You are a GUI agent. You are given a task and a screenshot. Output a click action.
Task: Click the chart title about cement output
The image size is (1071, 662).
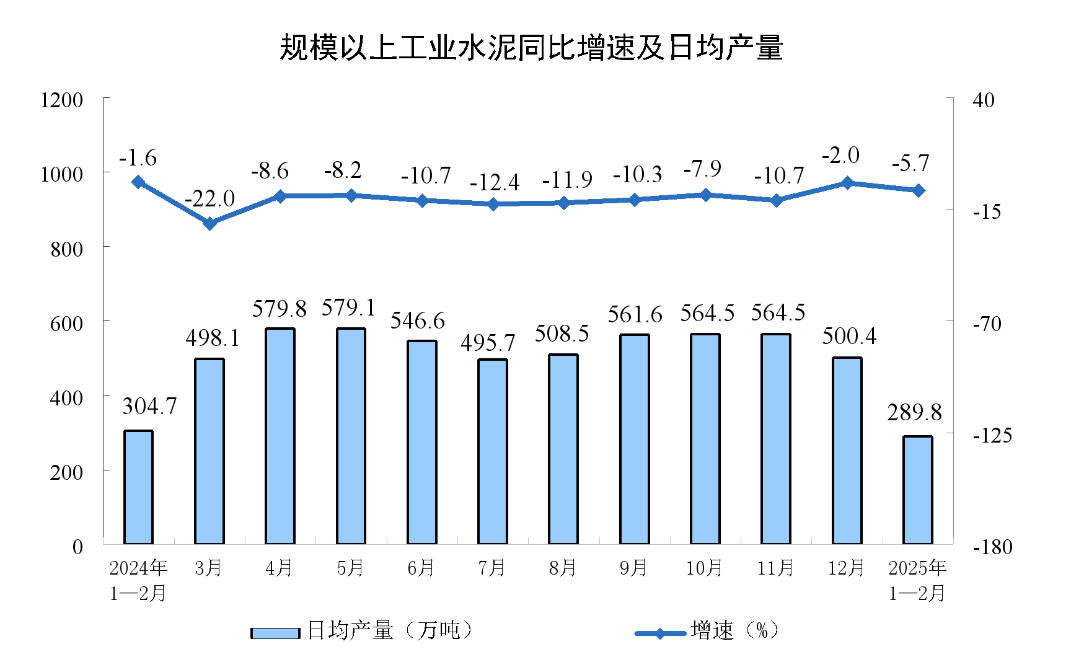pos(531,48)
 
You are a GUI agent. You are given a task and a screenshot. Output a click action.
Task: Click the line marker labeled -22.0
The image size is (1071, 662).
pos(210,223)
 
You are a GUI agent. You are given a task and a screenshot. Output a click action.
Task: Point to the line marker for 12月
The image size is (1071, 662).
pos(847,183)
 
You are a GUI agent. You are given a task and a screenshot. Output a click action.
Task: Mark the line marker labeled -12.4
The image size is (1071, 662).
pos(493,204)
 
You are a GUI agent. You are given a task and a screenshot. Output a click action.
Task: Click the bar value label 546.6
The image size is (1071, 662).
pos(417,320)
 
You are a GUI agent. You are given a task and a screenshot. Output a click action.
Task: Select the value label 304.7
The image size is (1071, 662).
pos(149,406)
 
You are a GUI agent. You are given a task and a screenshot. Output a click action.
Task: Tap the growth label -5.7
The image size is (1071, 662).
pos(910,163)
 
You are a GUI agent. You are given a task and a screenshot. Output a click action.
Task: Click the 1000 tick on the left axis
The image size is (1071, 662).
pos(61,174)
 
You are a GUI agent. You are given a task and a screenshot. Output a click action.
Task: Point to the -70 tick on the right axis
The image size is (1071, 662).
pos(987,324)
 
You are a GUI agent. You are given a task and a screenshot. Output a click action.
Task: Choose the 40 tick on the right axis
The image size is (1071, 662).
pos(983,100)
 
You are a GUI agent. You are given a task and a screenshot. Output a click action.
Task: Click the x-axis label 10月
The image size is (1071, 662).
pos(704,568)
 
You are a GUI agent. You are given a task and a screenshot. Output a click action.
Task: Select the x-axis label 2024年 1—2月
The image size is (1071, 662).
pos(138,580)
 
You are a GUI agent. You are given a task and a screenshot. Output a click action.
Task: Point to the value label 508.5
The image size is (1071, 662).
pos(562,333)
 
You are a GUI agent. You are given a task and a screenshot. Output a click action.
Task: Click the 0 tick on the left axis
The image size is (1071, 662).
pos(77,547)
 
